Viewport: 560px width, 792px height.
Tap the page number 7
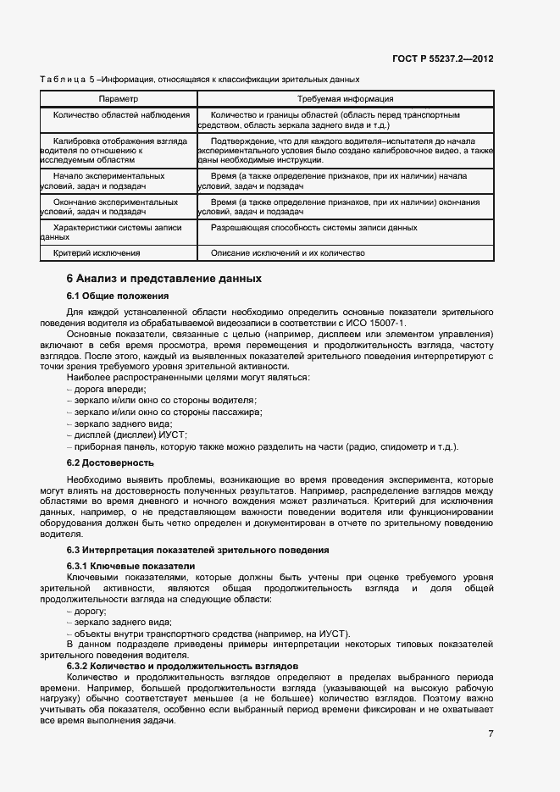(x=491, y=733)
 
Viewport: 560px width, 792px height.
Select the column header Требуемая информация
(x=344, y=98)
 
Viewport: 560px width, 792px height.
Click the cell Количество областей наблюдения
(x=121, y=114)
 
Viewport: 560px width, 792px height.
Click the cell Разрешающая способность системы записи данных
(x=313, y=228)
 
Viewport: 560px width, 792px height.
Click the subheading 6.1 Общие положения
(x=118, y=296)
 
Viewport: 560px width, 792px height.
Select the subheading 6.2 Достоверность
(x=110, y=462)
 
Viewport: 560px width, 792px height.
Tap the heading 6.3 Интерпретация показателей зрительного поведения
(x=198, y=551)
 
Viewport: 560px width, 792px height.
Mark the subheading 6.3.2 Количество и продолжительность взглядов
(x=182, y=666)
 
